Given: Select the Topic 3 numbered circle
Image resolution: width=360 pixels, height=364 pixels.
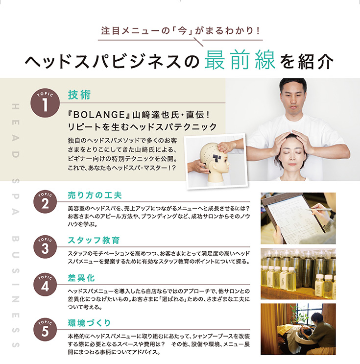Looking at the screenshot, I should [45, 247].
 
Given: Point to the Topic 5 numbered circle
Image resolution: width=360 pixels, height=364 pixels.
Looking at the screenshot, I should [45, 330].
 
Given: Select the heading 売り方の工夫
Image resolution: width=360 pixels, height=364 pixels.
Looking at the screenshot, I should [92, 195].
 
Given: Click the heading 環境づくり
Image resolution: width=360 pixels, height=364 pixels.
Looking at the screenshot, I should [90, 323].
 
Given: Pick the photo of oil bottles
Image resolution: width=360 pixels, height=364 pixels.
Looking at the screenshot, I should [298, 274].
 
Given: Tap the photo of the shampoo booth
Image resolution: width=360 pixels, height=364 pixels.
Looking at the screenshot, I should [298, 329].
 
